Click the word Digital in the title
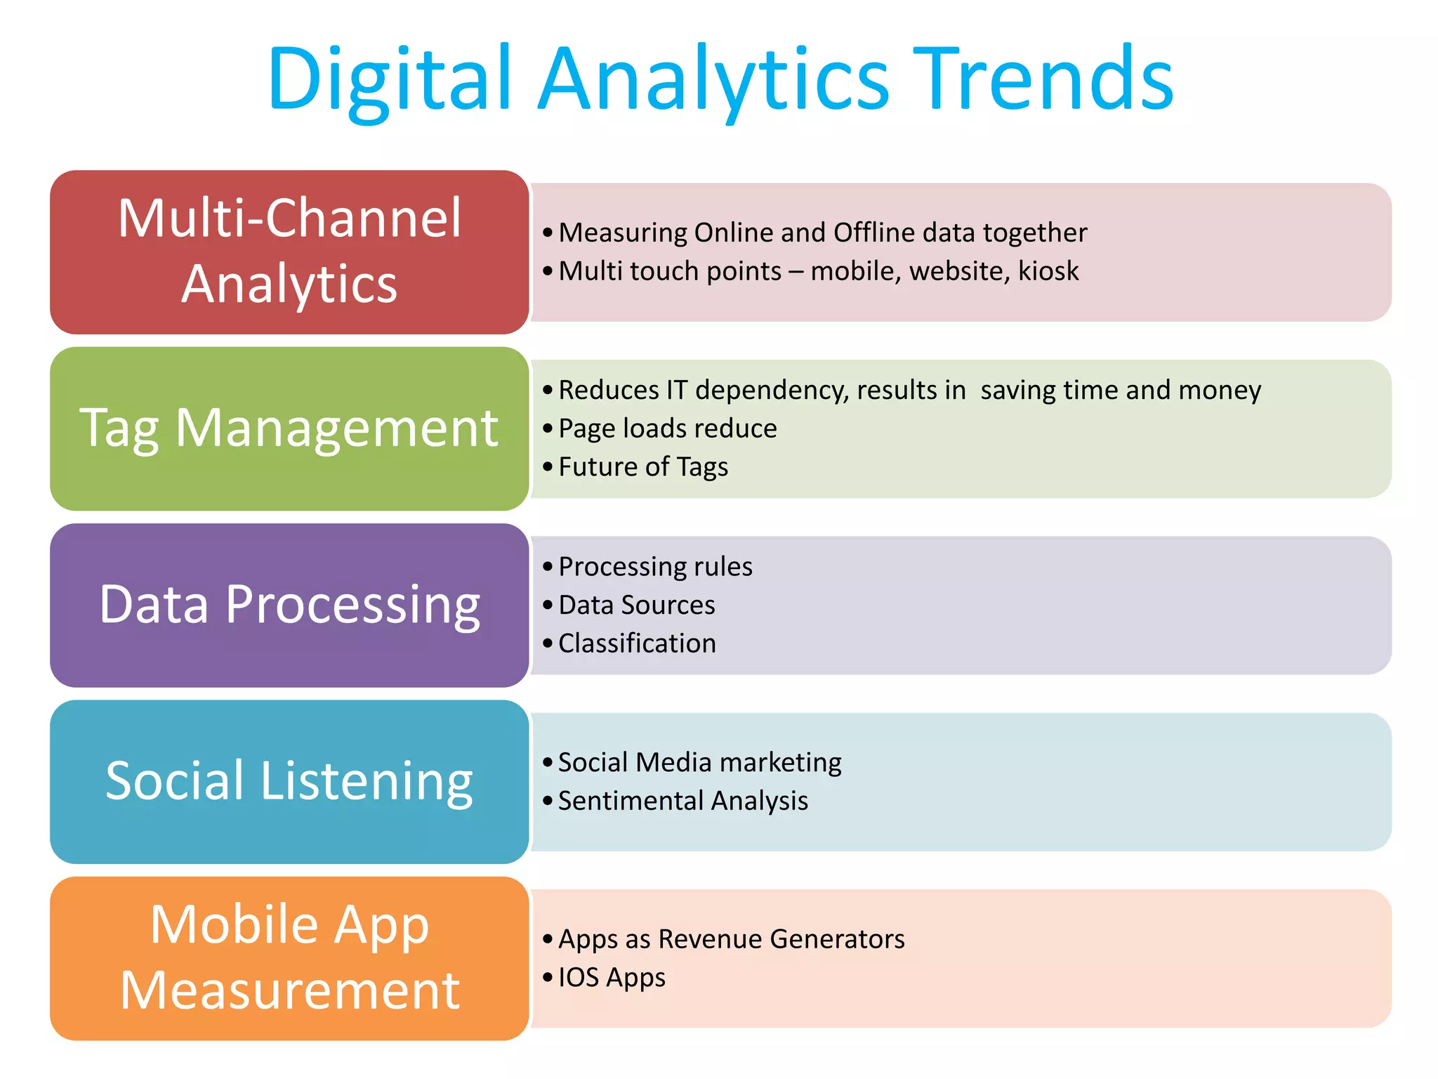tap(390, 79)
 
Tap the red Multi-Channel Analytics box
tap(289, 251)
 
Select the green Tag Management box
tap(289, 428)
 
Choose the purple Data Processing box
tap(289, 605)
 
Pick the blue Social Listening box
tap(289, 781)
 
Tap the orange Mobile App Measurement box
tap(289, 958)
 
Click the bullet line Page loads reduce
tap(667, 429)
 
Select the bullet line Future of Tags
tap(643, 467)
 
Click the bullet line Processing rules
tap(655, 567)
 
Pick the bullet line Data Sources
tap(636, 606)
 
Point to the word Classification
tap(637, 643)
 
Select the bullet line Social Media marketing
tap(699, 763)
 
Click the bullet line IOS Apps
tap(612, 978)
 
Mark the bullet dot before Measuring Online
tap(548, 233)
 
